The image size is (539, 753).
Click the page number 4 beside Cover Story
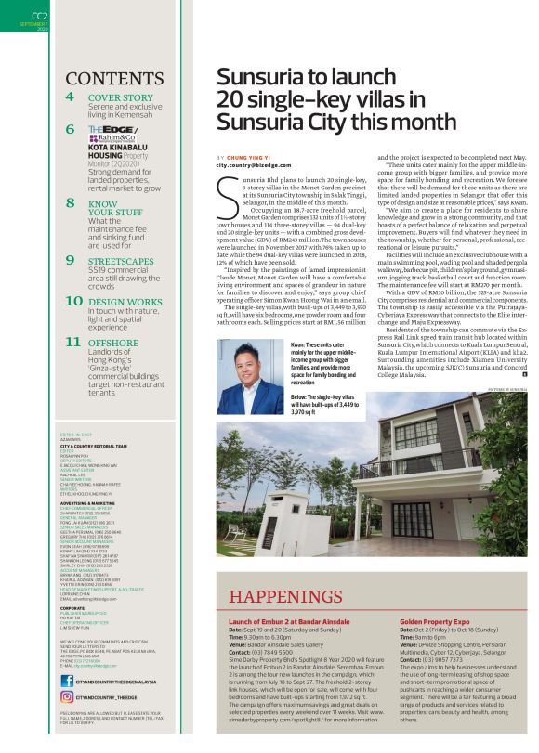71,97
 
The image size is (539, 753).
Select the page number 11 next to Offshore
73,342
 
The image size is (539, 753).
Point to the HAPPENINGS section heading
297,596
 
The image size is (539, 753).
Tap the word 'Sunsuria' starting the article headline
264,77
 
